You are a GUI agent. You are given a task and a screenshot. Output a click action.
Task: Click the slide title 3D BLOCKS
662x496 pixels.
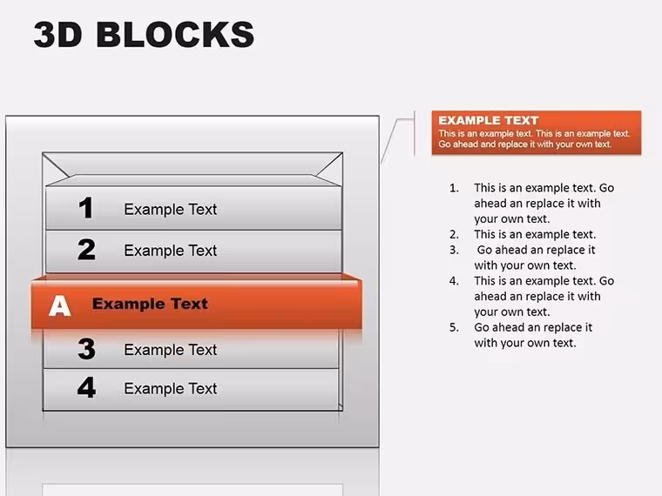(144, 34)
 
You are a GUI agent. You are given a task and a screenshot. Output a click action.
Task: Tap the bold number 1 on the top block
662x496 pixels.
(86, 207)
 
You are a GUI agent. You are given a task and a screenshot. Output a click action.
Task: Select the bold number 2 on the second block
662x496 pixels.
(86, 249)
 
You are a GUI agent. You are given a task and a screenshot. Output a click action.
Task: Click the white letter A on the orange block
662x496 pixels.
(59, 305)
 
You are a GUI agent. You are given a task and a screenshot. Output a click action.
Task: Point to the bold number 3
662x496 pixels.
(86, 349)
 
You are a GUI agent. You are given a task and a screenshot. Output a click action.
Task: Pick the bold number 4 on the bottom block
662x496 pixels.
(86, 387)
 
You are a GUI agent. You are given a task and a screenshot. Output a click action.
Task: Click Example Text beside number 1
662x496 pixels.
(170, 209)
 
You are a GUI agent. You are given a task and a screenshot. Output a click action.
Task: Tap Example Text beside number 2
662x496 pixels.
(170, 251)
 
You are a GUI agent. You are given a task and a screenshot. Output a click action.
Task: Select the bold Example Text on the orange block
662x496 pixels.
(150, 304)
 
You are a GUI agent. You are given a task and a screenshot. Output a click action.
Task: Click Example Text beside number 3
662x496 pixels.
(170, 350)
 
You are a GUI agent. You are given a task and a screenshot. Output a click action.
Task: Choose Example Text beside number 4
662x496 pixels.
(170, 388)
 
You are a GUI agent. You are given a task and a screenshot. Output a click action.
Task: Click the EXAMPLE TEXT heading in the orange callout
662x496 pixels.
(489, 121)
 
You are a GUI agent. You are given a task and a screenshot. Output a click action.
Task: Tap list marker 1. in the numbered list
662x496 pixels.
(455, 188)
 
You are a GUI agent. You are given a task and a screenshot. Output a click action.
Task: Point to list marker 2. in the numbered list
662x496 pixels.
(455, 234)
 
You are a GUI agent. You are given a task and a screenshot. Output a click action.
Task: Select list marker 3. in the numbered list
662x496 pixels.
(455, 250)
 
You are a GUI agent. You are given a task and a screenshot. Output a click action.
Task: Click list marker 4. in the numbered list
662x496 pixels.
(455, 281)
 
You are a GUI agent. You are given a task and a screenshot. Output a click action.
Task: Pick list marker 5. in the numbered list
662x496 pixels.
(455, 327)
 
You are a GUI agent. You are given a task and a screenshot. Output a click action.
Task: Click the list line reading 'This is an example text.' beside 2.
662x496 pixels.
(535, 234)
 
